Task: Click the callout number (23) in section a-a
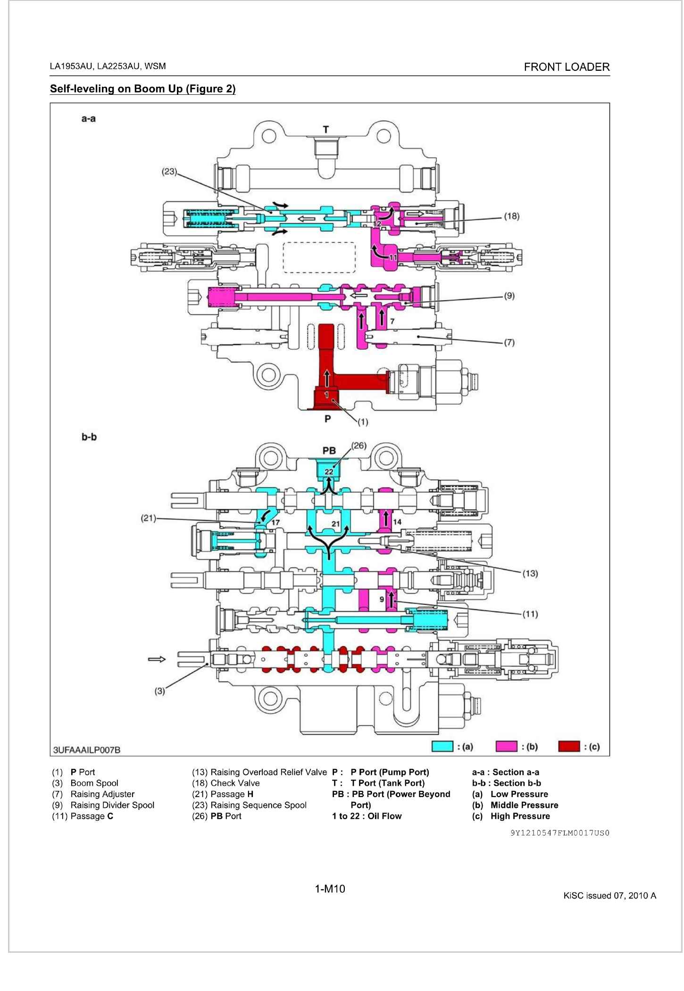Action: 169,172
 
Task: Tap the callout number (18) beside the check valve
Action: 512,216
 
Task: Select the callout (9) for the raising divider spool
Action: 509,296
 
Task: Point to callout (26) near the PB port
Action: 359,445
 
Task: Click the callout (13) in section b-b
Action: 531,573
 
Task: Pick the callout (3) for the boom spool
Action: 160,691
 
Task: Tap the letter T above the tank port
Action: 325,129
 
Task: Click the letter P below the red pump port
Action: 327,418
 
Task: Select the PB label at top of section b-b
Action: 329,451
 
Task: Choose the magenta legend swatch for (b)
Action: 506,746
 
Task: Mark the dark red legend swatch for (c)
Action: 569,746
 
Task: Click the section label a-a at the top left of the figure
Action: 88,119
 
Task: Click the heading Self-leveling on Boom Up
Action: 142,89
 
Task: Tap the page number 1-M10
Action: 330,889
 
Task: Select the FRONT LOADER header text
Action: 567,67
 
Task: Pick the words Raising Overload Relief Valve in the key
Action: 268,772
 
